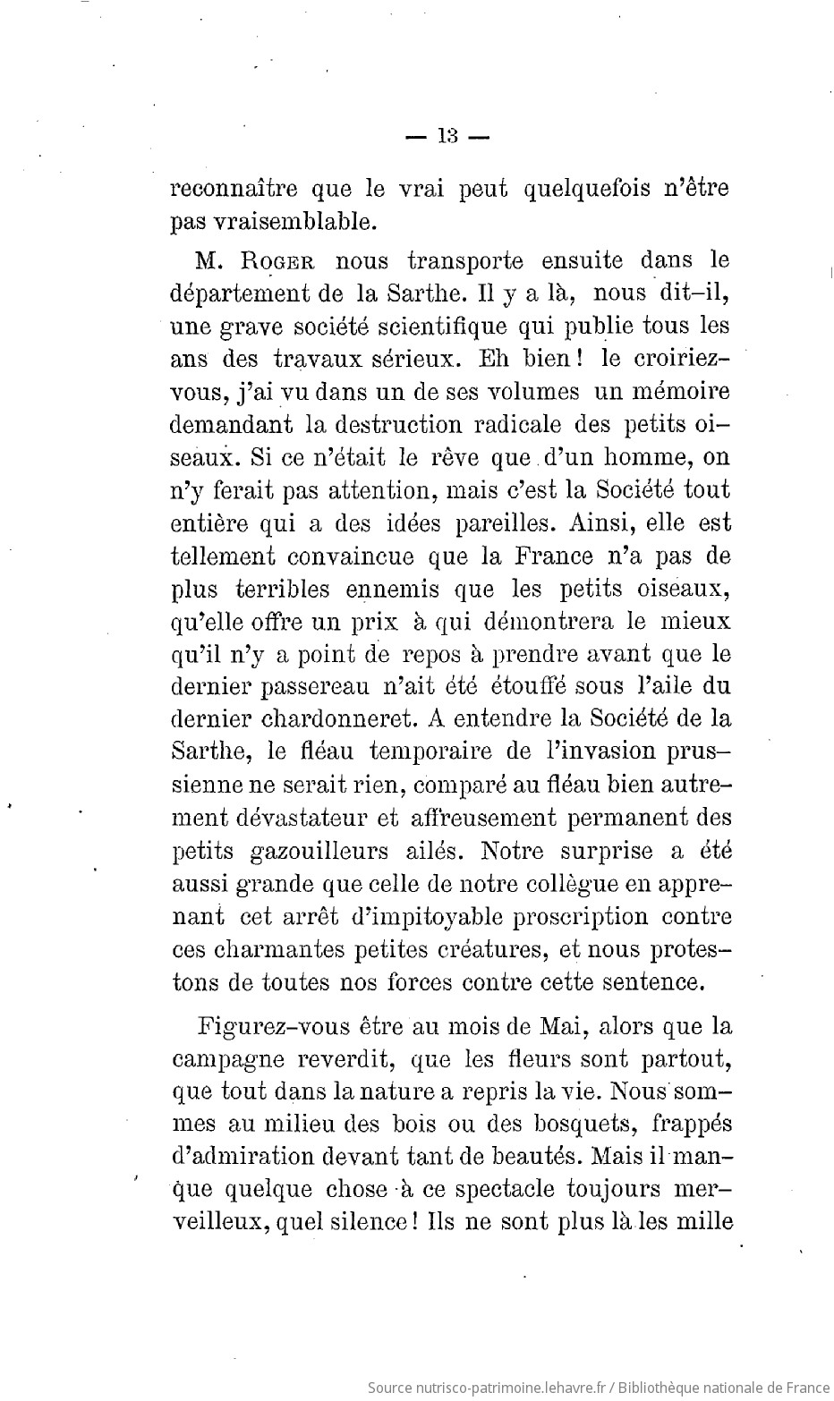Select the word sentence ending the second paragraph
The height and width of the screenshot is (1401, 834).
[x=656, y=981]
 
